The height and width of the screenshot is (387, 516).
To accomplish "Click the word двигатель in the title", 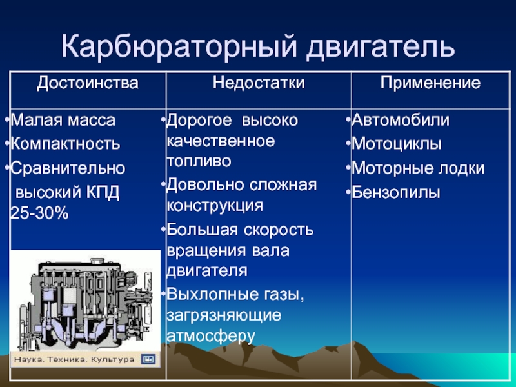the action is tap(381, 46).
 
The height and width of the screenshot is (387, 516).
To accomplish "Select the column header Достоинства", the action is tap(88, 83).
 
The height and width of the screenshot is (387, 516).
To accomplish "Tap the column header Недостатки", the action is tap(259, 83).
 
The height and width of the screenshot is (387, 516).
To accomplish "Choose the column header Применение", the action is tap(430, 83).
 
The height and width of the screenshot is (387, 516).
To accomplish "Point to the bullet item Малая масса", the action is tap(63, 120).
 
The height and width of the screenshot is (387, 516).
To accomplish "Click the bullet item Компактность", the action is tap(65, 144).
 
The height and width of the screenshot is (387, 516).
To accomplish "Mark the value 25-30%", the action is tap(39, 213).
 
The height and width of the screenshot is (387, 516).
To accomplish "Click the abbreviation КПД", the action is tap(103, 192).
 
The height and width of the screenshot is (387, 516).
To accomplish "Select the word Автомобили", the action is tap(401, 120).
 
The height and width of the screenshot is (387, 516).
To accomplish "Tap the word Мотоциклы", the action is tap(397, 144).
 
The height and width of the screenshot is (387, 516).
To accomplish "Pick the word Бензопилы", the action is tap(396, 192).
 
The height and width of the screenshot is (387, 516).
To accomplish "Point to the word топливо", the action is tap(199, 161).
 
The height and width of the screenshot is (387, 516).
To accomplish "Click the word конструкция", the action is tap(215, 206).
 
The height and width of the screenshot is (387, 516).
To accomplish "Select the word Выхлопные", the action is tap(213, 294).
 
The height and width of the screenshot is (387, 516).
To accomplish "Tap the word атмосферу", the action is tap(211, 335).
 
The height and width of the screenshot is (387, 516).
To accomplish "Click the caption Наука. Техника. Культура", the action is tap(74, 359).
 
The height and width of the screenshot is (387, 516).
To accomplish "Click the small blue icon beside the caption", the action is tap(148, 359).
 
